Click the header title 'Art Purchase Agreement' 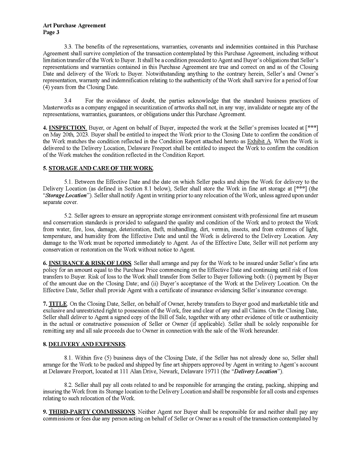click(x=74, y=25)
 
